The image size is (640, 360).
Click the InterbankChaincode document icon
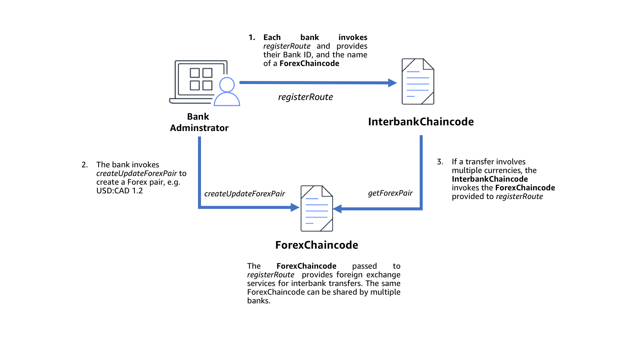tap(418, 82)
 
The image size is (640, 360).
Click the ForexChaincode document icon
tap(317, 209)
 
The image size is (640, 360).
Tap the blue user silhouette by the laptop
tap(227, 92)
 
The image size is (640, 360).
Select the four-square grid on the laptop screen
tap(201, 79)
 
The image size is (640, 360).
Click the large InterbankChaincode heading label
tap(421, 122)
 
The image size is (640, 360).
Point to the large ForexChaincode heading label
tap(317, 245)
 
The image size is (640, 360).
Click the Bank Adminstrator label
tap(199, 122)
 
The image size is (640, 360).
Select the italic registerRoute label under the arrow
tap(305, 97)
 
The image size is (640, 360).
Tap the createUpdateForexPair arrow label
tap(244, 194)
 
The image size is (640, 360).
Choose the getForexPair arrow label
tap(390, 193)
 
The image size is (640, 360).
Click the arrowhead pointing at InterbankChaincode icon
tap(393, 83)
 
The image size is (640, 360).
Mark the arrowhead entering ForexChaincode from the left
tap(295, 207)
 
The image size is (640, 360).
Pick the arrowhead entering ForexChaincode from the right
tap(337, 209)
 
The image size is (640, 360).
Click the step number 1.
tap(252, 37)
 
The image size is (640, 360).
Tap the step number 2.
tap(85, 165)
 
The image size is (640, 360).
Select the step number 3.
tap(440, 162)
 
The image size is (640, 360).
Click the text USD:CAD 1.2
tap(119, 191)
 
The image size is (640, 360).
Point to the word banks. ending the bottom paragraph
tap(259, 301)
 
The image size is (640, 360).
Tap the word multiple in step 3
tap(467, 170)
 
